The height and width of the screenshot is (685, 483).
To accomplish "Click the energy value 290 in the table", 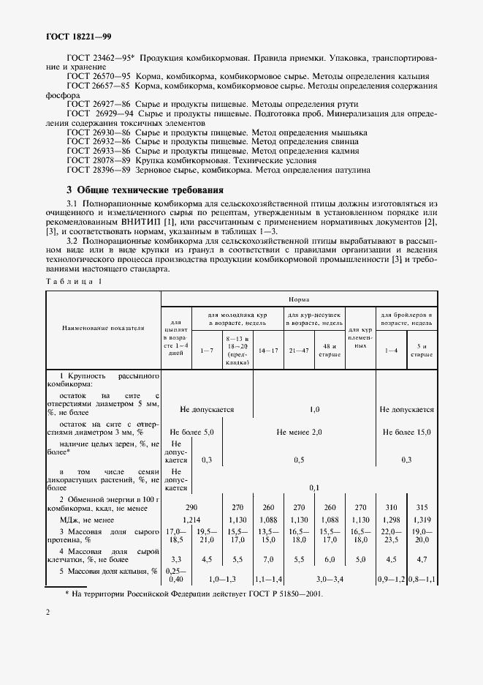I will tap(191, 506).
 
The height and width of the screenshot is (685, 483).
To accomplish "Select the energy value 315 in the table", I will tap(421, 506).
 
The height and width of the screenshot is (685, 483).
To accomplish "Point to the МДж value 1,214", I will tap(191, 518).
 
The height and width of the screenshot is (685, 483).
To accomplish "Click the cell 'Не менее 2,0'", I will tap(299, 433).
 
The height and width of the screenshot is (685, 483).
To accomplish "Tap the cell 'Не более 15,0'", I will tap(406, 433).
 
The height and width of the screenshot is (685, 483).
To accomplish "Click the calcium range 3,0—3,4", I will tap(330, 579).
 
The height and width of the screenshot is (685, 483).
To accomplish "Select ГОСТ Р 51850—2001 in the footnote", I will tap(283, 594).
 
